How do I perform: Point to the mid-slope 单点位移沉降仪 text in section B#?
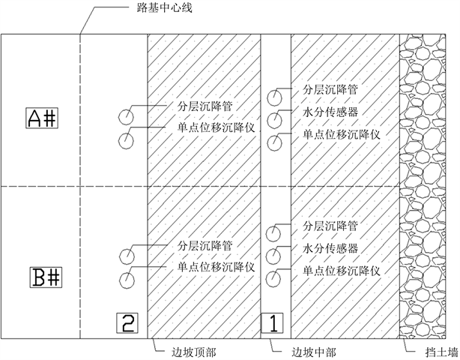(342, 271)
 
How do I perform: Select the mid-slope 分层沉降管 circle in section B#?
(276, 233)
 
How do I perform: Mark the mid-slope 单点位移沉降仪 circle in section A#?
(276, 141)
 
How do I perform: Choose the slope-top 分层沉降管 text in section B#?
(205, 245)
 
